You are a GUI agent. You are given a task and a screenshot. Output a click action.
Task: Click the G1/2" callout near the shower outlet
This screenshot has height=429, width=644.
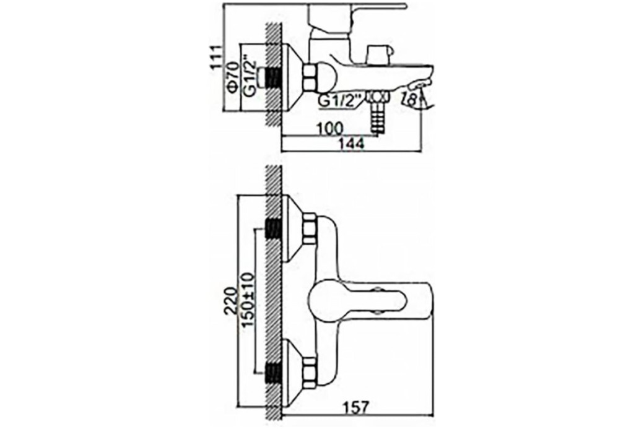click(341, 100)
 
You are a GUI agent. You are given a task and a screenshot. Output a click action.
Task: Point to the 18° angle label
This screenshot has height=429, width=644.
click(411, 98)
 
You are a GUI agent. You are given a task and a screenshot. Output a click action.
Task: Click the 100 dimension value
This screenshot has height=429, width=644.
click(329, 129)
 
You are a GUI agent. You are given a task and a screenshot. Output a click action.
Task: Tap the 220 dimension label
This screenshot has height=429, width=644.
click(230, 300)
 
